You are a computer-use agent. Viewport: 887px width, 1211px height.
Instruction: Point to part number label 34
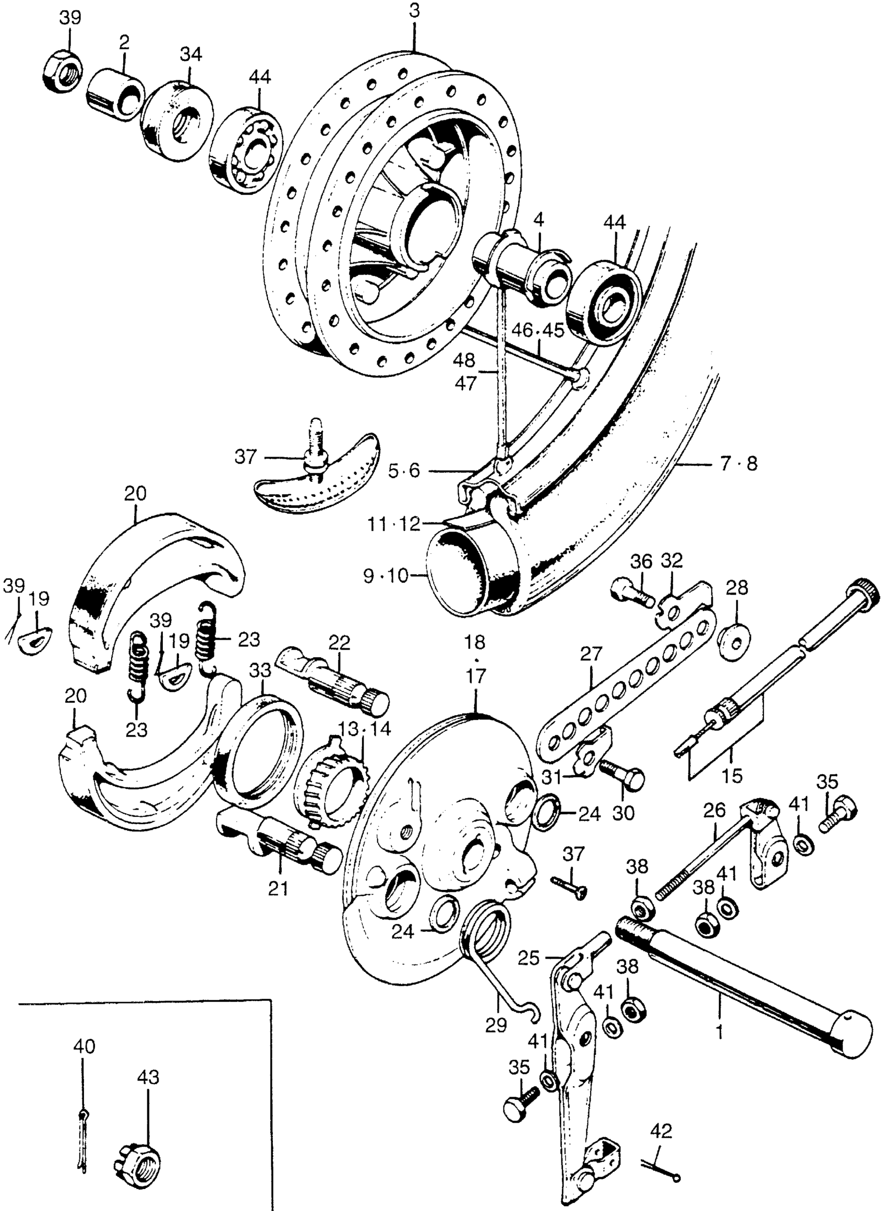(x=191, y=54)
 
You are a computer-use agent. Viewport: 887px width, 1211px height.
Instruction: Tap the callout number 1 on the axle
(x=720, y=1032)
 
